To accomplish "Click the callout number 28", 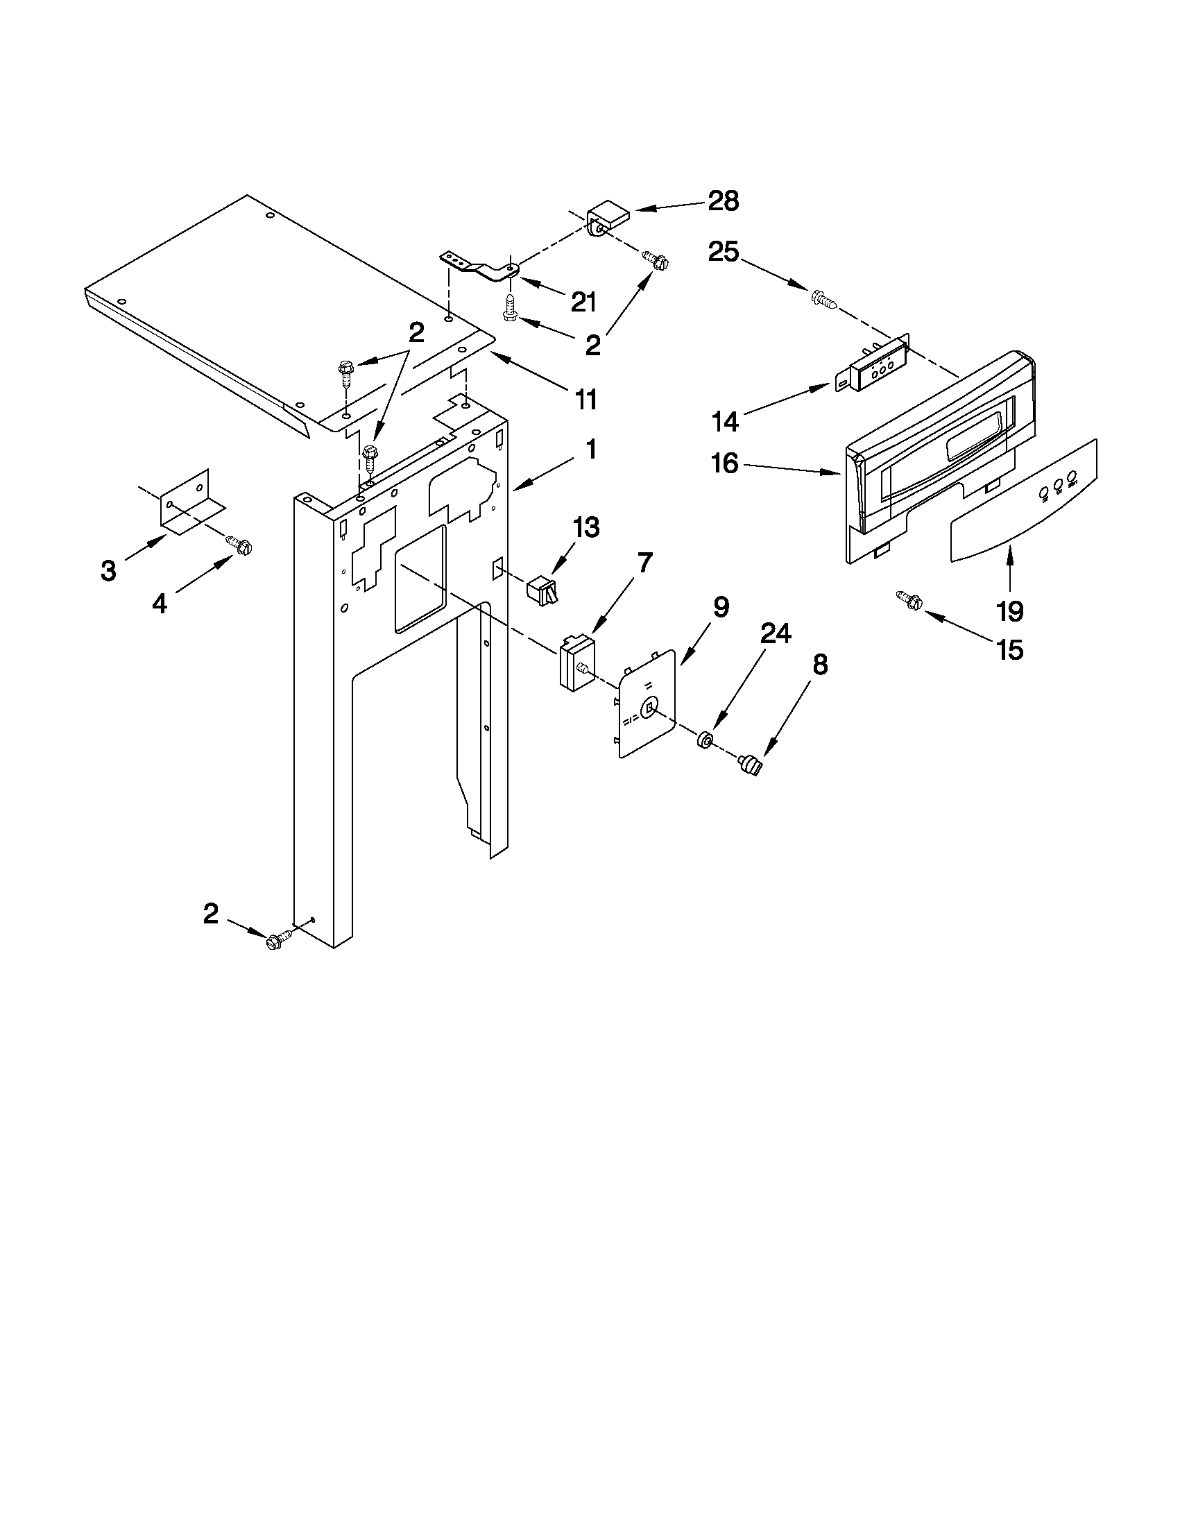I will click(x=723, y=201).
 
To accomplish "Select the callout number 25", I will click(x=724, y=252).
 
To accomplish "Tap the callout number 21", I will click(x=583, y=302).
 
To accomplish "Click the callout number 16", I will click(x=725, y=463).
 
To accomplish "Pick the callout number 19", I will click(x=1010, y=611).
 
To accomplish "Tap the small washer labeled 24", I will click(x=705, y=739).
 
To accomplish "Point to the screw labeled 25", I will click(x=823, y=300).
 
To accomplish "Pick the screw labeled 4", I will click(x=239, y=545).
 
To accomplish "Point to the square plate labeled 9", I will click(x=647, y=703).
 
